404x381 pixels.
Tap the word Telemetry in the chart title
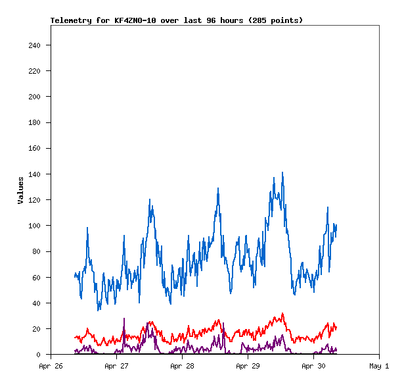71,20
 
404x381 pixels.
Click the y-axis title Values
20,190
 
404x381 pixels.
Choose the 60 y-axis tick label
36,278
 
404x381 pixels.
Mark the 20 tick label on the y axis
36,329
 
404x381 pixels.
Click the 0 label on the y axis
39,355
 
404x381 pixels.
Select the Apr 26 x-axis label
51,366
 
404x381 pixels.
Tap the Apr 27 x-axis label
116,366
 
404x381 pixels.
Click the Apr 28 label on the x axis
182,366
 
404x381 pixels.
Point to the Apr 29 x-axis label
248,366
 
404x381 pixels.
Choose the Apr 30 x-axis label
313,366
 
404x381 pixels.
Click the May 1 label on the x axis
379,366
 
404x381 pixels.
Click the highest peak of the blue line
282,172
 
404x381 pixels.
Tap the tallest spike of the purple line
124,318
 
